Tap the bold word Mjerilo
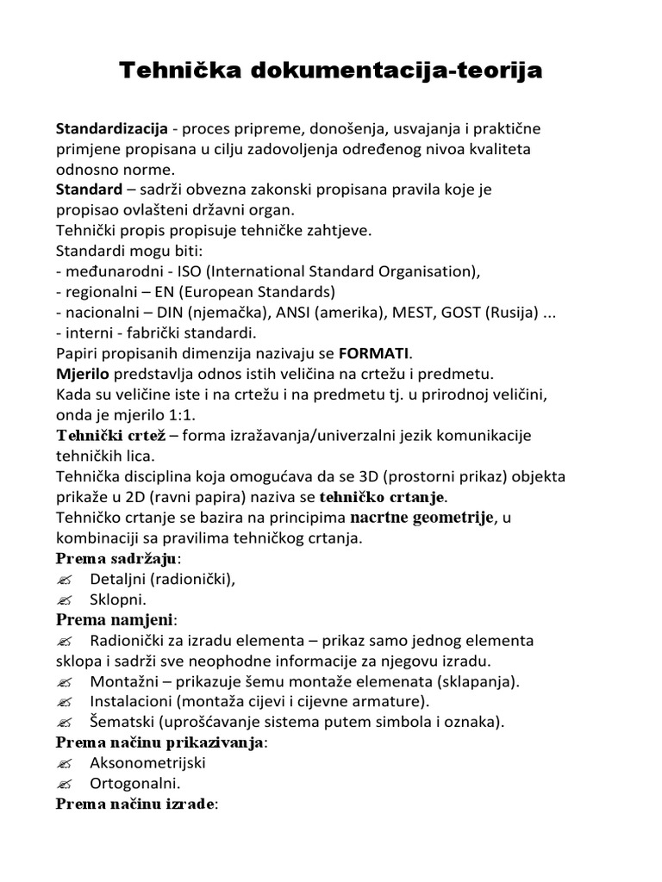(84, 374)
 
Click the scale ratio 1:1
(188, 415)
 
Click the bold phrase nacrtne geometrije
(421, 518)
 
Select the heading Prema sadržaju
(122, 559)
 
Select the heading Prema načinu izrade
(137, 805)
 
